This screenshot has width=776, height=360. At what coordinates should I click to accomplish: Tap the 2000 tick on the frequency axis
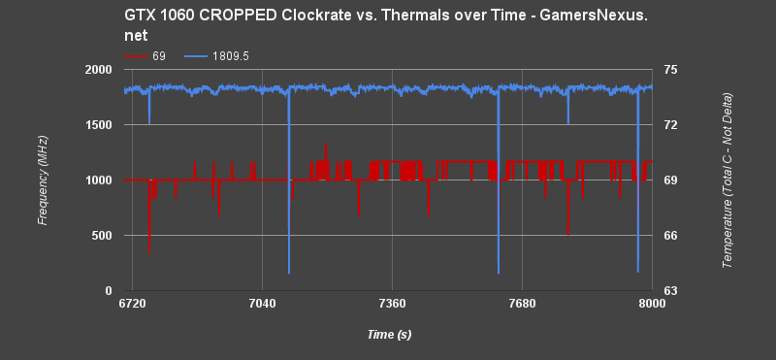[x=99, y=71]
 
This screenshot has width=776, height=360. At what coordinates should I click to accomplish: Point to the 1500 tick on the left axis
[x=99, y=126]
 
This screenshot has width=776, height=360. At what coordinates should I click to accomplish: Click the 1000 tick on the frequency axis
[x=99, y=180]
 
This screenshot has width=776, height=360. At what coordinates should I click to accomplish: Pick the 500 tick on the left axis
[x=102, y=236]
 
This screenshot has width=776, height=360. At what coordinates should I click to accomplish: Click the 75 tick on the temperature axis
[x=670, y=71]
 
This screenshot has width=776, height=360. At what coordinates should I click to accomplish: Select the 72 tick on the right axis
[x=670, y=126]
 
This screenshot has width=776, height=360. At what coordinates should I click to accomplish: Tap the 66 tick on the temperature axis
[x=670, y=236]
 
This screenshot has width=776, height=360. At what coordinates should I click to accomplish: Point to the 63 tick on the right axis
[x=670, y=291]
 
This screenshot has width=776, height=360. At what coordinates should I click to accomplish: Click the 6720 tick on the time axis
[x=132, y=305]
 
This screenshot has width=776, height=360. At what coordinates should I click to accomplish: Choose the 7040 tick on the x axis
[x=262, y=305]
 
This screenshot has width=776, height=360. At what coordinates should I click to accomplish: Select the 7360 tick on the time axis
[x=392, y=305]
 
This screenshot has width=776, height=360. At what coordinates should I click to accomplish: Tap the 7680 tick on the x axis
[x=522, y=305]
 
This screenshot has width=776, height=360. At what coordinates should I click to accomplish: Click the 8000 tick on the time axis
[x=652, y=305]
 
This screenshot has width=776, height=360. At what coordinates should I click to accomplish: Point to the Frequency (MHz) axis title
[x=43, y=180]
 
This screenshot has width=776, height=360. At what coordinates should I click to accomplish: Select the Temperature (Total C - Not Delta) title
[x=728, y=180]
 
